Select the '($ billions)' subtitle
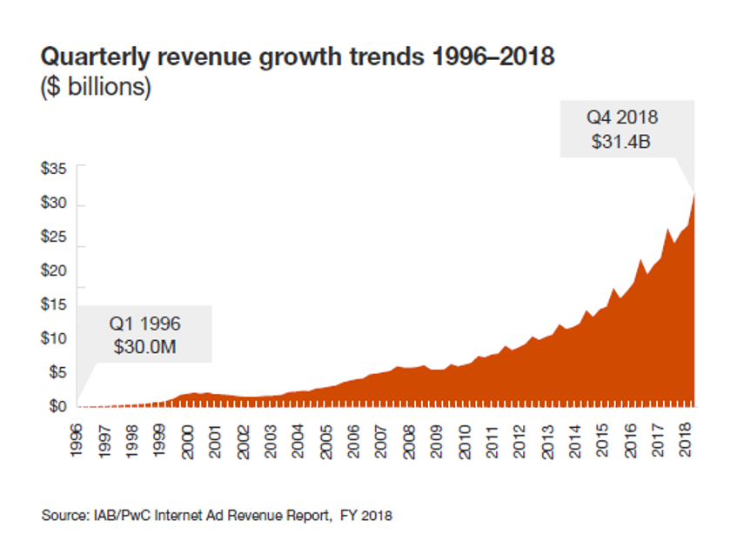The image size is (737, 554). (96, 88)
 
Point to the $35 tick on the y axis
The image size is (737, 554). (54, 169)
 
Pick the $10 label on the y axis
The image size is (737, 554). (54, 338)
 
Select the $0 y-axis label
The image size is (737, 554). (57, 405)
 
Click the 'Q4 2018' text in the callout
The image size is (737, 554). (621, 117)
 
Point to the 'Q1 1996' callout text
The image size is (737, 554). (144, 324)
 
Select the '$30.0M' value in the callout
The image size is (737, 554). (144, 346)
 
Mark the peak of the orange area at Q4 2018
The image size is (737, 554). (694, 193)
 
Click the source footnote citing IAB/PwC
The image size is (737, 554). (217, 516)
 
